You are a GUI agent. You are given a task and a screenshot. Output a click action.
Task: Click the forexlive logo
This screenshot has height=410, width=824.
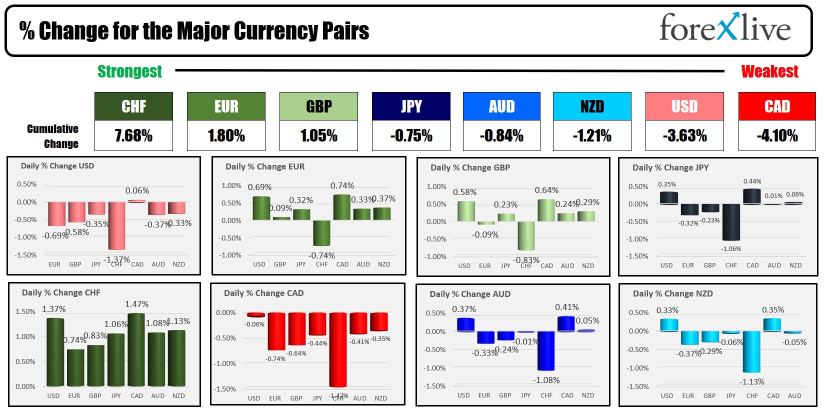(724, 28)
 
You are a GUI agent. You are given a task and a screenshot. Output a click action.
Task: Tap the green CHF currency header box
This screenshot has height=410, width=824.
(133, 106)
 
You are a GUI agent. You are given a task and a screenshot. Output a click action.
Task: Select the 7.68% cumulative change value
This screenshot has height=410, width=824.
(133, 135)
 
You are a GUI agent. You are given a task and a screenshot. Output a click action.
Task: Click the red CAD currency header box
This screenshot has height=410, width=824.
(777, 106)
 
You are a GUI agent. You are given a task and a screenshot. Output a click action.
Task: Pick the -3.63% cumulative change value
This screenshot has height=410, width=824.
(684, 135)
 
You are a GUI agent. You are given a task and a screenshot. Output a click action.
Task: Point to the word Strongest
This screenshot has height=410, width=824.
(129, 71)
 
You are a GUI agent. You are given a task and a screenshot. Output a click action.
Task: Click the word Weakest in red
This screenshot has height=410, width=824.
(769, 71)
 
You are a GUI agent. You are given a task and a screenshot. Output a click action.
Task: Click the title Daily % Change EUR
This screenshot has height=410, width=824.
(264, 166)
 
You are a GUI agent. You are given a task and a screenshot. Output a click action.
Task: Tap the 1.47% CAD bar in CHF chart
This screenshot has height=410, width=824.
(136, 350)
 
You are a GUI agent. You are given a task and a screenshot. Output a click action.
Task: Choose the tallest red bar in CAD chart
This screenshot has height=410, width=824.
(338, 350)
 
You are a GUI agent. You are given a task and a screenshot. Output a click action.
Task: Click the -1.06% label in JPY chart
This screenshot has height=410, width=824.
(731, 248)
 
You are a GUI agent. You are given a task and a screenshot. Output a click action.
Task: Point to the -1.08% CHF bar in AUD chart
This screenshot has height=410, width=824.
(546, 350)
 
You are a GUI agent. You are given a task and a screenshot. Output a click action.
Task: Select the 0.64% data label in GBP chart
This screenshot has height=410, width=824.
(546, 190)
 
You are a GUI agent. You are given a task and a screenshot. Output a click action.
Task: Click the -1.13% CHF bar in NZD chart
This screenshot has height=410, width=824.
(751, 351)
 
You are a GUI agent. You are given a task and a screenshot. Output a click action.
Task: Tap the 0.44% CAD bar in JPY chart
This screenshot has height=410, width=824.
(752, 196)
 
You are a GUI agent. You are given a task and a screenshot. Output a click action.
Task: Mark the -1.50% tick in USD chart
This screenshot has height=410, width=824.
(25, 255)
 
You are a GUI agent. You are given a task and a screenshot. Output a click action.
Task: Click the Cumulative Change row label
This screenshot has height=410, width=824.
(53, 136)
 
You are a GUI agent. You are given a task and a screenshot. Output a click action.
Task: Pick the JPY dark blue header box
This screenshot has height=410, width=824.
(411, 106)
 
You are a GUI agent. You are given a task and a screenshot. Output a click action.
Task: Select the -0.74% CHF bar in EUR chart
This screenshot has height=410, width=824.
(321, 233)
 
